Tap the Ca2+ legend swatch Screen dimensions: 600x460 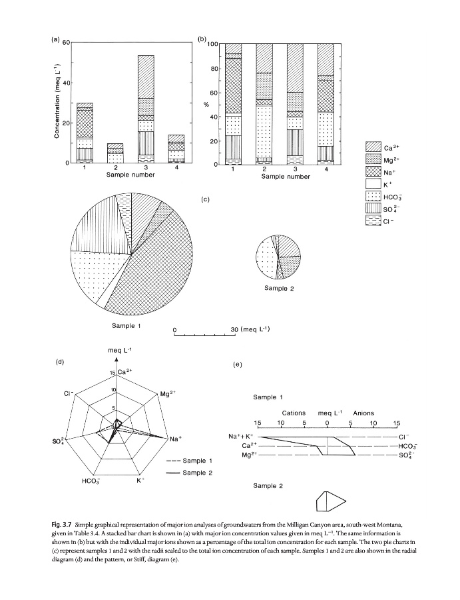[373, 147]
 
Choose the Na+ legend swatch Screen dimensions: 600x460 [373, 172]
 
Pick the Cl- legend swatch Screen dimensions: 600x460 [373, 221]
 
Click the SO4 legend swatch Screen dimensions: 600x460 [373, 209]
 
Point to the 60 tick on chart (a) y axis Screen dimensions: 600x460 [65, 43]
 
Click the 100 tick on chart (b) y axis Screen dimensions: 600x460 [212, 45]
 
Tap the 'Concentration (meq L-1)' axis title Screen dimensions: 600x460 [58, 103]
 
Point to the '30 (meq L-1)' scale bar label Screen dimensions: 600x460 [250, 329]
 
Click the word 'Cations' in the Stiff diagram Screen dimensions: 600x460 [294, 413]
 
